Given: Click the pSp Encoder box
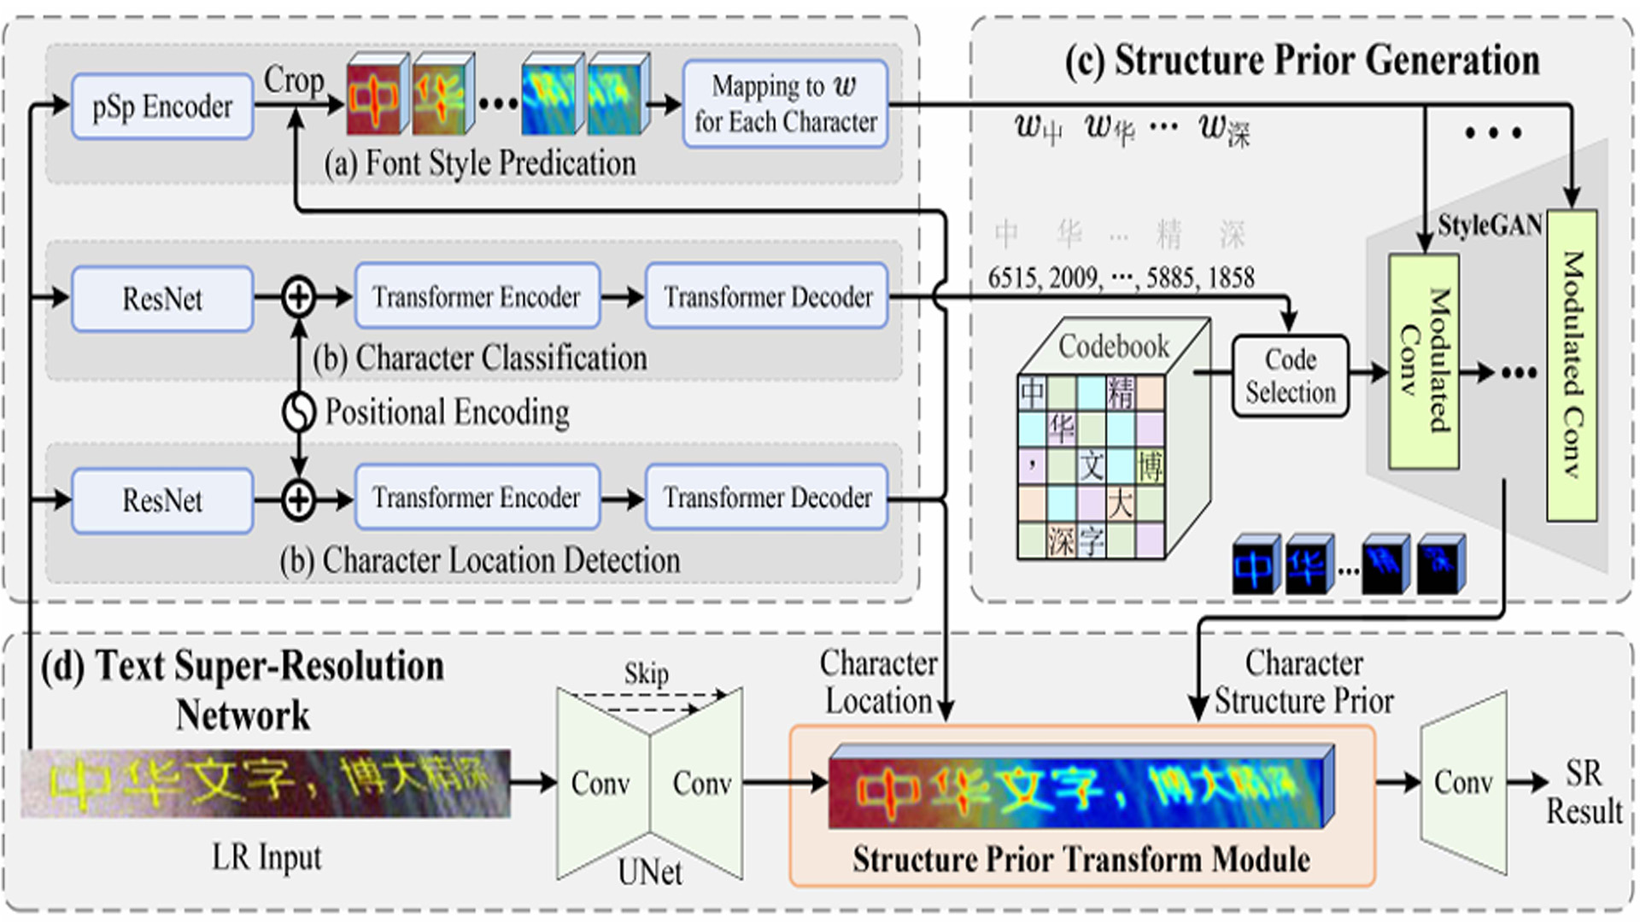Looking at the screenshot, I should [x=162, y=107].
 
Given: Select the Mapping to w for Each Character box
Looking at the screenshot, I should [x=785, y=104].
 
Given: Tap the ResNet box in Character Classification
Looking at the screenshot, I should [x=162, y=299].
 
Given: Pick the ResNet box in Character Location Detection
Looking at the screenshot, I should [x=162, y=500].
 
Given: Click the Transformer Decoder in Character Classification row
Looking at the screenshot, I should [x=767, y=297].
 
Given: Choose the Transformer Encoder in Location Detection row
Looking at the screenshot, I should [x=477, y=498].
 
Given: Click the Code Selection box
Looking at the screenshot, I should [x=1290, y=376].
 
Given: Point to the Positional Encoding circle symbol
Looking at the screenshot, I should [x=299, y=412].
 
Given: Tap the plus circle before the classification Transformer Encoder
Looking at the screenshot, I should [x=299, y=298].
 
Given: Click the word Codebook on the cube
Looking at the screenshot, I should [x=1113, y=347].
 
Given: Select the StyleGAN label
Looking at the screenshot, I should [x=1489, y=225].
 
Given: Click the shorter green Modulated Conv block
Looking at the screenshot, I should [x=1423, y=361].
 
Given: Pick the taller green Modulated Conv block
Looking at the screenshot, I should [x=1572, y=365].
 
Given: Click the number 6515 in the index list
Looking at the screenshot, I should [x=1014, y=277].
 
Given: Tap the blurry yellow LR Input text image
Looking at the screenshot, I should [x=266, y=784].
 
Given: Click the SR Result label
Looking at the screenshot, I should [x=1584, y=792].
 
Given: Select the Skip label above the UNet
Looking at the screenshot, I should [x=646, y=674].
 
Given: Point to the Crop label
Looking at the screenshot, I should [x=293, y=80].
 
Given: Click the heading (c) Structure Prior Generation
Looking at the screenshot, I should [x=1302, y=61].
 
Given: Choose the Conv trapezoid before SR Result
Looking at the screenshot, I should [x=1463, y=783].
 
